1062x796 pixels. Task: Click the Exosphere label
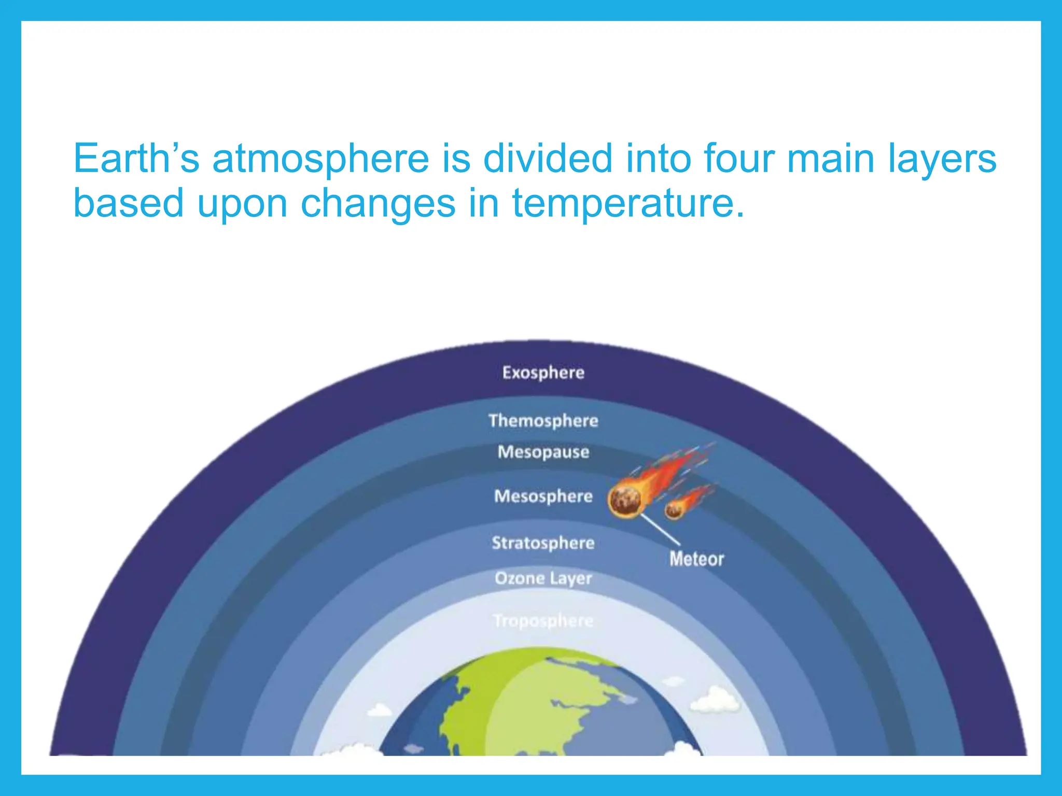[543, 373]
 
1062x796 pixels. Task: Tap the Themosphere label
[543, 420]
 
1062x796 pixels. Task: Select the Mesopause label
[543, 452]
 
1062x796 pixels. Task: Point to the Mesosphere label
[543, 496]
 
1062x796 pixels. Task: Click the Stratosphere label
[543, 543]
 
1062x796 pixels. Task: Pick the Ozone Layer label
[543, 578]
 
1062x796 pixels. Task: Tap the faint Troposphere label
[543, 620]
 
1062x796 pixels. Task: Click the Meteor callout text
[696, 559]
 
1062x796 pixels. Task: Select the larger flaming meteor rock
[624, 501]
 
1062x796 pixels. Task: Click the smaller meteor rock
[674, 510]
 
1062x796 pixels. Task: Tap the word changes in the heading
[378, 204]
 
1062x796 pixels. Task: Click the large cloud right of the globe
[716, 699]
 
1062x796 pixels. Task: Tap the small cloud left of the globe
[380, 709]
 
